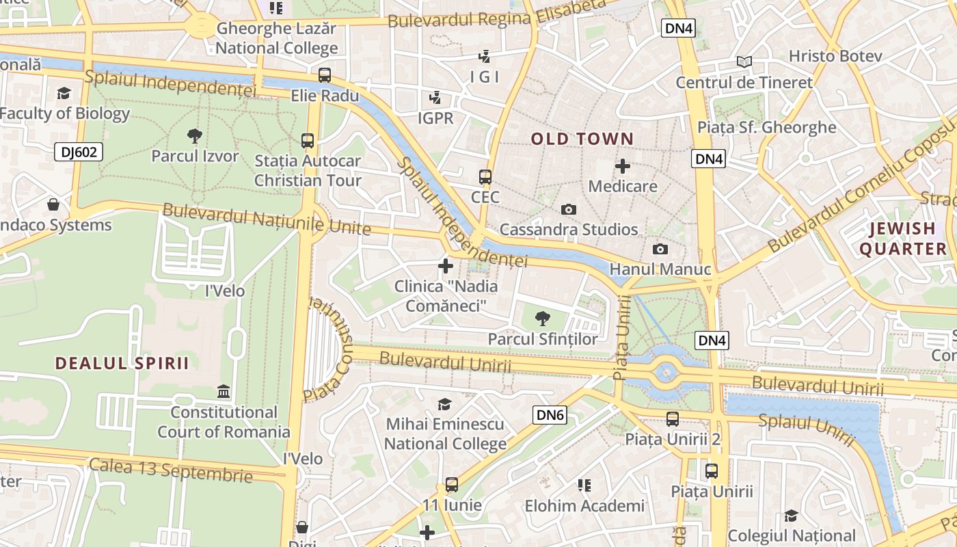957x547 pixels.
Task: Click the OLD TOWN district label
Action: coord(582,139)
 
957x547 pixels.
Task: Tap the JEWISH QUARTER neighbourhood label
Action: coord(903,239)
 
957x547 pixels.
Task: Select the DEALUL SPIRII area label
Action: coord(122,363)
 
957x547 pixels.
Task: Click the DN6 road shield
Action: coord(550,414)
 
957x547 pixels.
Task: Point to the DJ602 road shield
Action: coord(79,152)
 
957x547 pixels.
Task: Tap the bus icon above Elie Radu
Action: coord(325,75)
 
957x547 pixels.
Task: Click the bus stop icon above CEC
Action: coord(485,177)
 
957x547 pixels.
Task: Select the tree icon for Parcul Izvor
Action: coord(195,135)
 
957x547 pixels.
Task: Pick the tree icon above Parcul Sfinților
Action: coord(543,318)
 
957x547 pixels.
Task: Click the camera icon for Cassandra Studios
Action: coord(569,209)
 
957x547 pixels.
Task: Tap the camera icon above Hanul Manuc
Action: coord(660,249)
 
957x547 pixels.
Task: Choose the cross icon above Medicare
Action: coord(623,165)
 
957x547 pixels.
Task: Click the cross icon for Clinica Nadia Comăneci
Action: coord(446,265)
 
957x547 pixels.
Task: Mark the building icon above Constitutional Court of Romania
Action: coord(224,392)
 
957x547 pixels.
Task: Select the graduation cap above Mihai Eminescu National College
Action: coord(444,403)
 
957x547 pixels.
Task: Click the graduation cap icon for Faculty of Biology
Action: coord(64,93)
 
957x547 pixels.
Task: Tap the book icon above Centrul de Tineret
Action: coord(744,62)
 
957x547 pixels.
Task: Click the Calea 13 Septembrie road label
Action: coord(171,470)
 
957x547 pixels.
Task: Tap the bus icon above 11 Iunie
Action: coord(451,485)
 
